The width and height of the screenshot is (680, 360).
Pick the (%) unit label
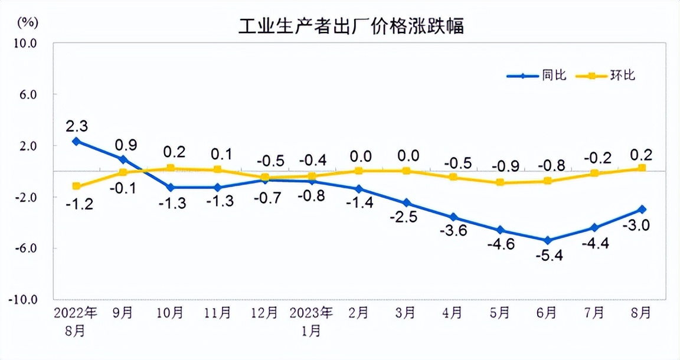(28, 23)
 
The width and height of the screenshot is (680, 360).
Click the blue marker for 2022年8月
(76, 141)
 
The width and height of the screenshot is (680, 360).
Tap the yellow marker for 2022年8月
(76, 186)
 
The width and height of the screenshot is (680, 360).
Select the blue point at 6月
(548, 240)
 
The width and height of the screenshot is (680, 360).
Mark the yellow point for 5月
(500, 182)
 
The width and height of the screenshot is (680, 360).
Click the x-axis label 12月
(264, 313)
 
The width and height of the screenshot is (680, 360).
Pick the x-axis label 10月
(170, 313)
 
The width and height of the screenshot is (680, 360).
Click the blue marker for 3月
(406, 203)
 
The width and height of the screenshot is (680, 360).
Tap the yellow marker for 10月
(170, 168)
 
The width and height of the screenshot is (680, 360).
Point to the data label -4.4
(595, 243)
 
